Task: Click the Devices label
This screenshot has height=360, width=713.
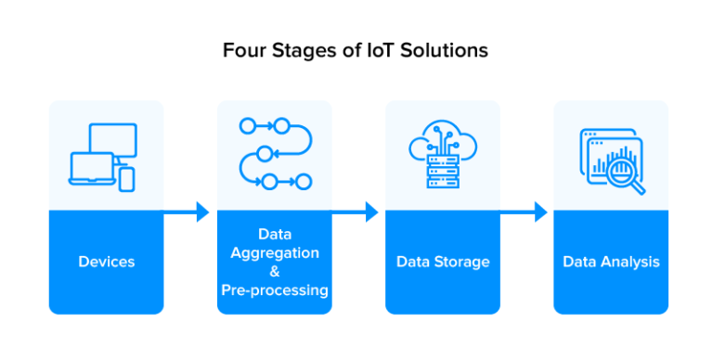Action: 106,262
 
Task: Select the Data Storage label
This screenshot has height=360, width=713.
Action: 442,262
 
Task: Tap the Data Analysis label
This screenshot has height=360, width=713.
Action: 611,262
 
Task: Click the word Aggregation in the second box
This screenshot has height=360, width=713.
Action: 275,253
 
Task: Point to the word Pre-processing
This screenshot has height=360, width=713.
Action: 275,290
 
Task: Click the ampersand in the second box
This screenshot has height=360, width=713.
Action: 275,272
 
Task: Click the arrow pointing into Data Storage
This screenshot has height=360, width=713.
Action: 357,212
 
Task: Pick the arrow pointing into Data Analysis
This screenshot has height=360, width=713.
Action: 525,212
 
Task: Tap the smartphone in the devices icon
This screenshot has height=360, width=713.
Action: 126,178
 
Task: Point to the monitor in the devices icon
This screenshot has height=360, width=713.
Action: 114,141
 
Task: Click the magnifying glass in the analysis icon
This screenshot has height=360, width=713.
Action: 625,174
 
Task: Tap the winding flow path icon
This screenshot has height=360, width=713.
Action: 275,153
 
